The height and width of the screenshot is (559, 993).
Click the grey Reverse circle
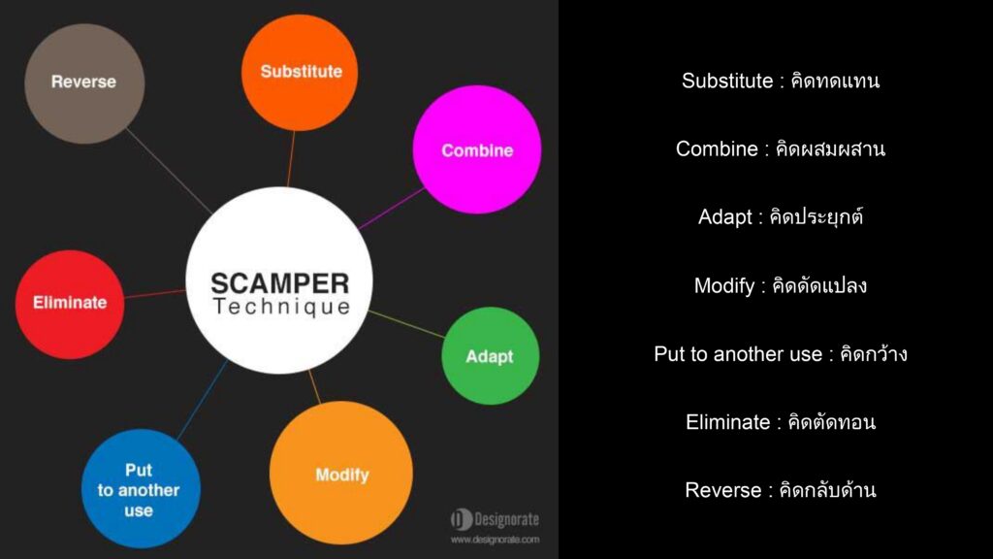[84, 83]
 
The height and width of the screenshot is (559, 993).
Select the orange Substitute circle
[300, 72]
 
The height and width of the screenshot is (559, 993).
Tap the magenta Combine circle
[477, 149]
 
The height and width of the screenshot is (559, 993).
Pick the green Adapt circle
[490, 355]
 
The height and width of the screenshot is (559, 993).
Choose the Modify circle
[341, 473]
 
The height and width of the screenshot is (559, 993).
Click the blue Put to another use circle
[141, 489]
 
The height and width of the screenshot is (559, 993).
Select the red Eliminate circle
[70, 304]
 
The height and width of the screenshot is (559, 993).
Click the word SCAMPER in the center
[280, 283]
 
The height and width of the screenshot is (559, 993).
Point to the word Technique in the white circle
[281, 307]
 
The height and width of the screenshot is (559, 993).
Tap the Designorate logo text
[496, 520]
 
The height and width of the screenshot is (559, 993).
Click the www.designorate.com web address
[496, 540]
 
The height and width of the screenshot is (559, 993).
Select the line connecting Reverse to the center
[169, 171]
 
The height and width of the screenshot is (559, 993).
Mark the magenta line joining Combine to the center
[392, 208]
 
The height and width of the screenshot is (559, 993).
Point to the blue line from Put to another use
[203, 399]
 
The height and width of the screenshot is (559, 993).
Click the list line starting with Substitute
[781, 82]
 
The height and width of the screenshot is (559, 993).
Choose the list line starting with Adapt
[781, 216]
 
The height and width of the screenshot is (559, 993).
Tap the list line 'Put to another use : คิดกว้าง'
[781, 353]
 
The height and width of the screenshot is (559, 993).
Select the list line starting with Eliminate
[781, 422]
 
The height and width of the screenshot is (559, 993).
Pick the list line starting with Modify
[781, 285]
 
